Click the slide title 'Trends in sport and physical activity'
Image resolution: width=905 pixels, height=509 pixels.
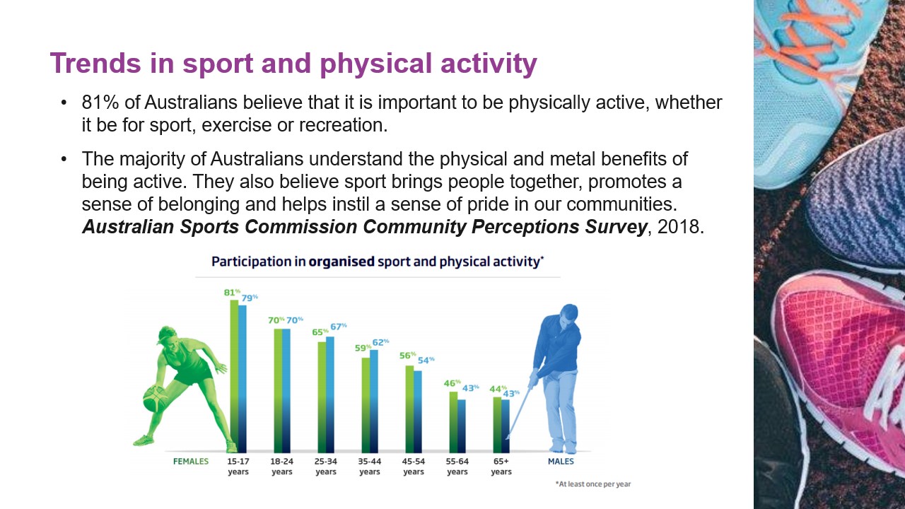click(x=293, y=64)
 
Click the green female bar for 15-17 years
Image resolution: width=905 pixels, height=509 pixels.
click(x=234, y=375)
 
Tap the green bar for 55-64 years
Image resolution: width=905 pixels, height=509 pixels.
click(x=453, y=421)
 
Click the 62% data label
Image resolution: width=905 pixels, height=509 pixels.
click(x=380, y=342)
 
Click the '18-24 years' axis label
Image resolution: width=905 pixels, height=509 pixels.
click(x=282, y=467)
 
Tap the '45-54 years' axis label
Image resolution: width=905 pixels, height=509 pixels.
click(x=414, y=467)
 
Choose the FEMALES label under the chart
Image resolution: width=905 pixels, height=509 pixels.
click(x=191, y=462)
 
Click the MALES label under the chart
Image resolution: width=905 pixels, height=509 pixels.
click(x=561, y=462)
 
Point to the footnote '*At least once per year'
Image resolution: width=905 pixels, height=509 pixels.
click(x=592, y=484)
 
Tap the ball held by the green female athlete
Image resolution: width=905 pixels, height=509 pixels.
click(x=155, y=399)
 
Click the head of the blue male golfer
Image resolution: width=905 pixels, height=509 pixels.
click(x=569, y=313)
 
